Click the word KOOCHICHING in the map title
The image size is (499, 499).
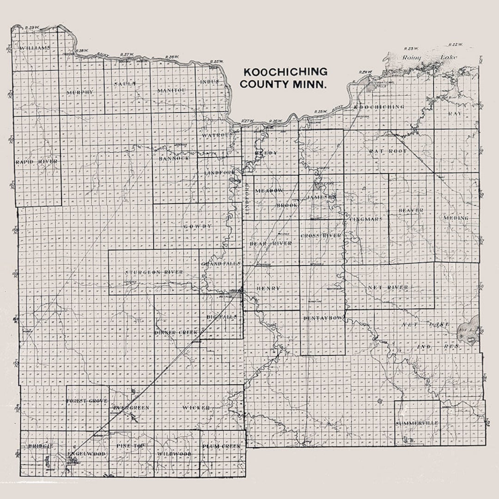click(285, 72)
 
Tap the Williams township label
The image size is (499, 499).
click(35, 48)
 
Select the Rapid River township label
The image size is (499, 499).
click(37, 162)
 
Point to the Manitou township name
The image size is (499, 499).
click(171, 90)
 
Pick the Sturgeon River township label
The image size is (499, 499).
click(154, 273)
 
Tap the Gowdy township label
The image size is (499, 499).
click(198, 226)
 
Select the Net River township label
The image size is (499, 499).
click(388, 288)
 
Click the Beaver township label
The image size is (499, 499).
click(411, 211)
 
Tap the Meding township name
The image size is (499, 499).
click(456, 218)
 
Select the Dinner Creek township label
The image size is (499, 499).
click(176, 333)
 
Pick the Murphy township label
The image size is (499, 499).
click(80, 92)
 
